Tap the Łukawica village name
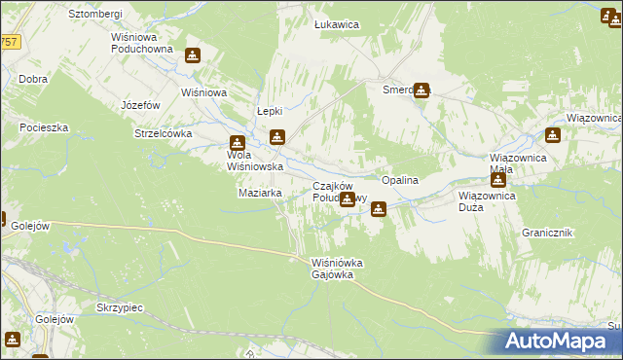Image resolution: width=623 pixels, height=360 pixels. [x=336, y=23]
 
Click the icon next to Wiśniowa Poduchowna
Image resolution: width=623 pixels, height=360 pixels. [x=193, y=56]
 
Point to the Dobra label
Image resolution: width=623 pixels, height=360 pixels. [x=32, y=78]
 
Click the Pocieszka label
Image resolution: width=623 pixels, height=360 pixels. [x=42, y=127]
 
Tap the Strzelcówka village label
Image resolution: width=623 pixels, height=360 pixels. [x=165, y=133]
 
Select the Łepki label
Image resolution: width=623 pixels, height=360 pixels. [x=269, y=111]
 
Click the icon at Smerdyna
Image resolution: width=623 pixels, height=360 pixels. [x=421, y=90]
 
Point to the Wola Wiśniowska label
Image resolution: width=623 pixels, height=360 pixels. [x=255, y=161]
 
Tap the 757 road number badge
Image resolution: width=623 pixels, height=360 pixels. [x=9, y=42]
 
